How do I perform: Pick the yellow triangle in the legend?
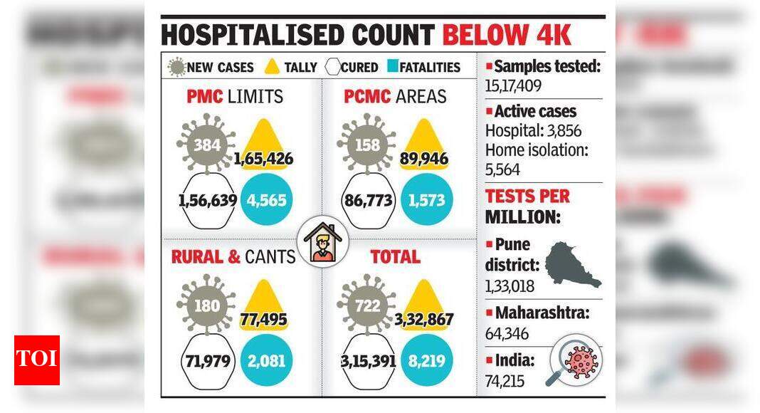(x=270, y=67)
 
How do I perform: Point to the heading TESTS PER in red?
(x=527, y=197)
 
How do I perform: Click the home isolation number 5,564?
(x=502, y=169)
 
